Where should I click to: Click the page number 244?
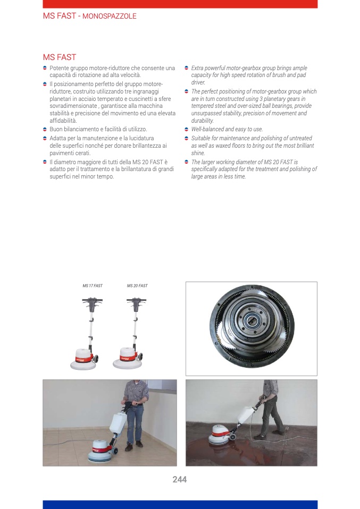click(180, 479)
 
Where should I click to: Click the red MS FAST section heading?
click(60, 57)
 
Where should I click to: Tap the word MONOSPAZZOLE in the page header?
click(110, 16)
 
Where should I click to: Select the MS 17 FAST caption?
click(93, 286)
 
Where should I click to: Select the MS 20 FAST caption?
click(137, 286)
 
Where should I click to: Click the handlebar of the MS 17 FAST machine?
click(93, 301)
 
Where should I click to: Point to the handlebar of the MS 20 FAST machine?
click(136, 301)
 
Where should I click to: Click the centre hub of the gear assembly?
click(252, 321)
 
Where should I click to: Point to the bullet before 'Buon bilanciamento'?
click(45, 129)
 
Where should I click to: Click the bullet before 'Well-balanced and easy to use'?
click(187, 129)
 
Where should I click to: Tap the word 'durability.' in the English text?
click(203, 121)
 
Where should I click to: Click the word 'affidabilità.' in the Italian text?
click(63, 121)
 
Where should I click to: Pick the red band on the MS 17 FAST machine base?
click(84, 359)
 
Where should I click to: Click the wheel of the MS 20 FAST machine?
click(140, 357)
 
